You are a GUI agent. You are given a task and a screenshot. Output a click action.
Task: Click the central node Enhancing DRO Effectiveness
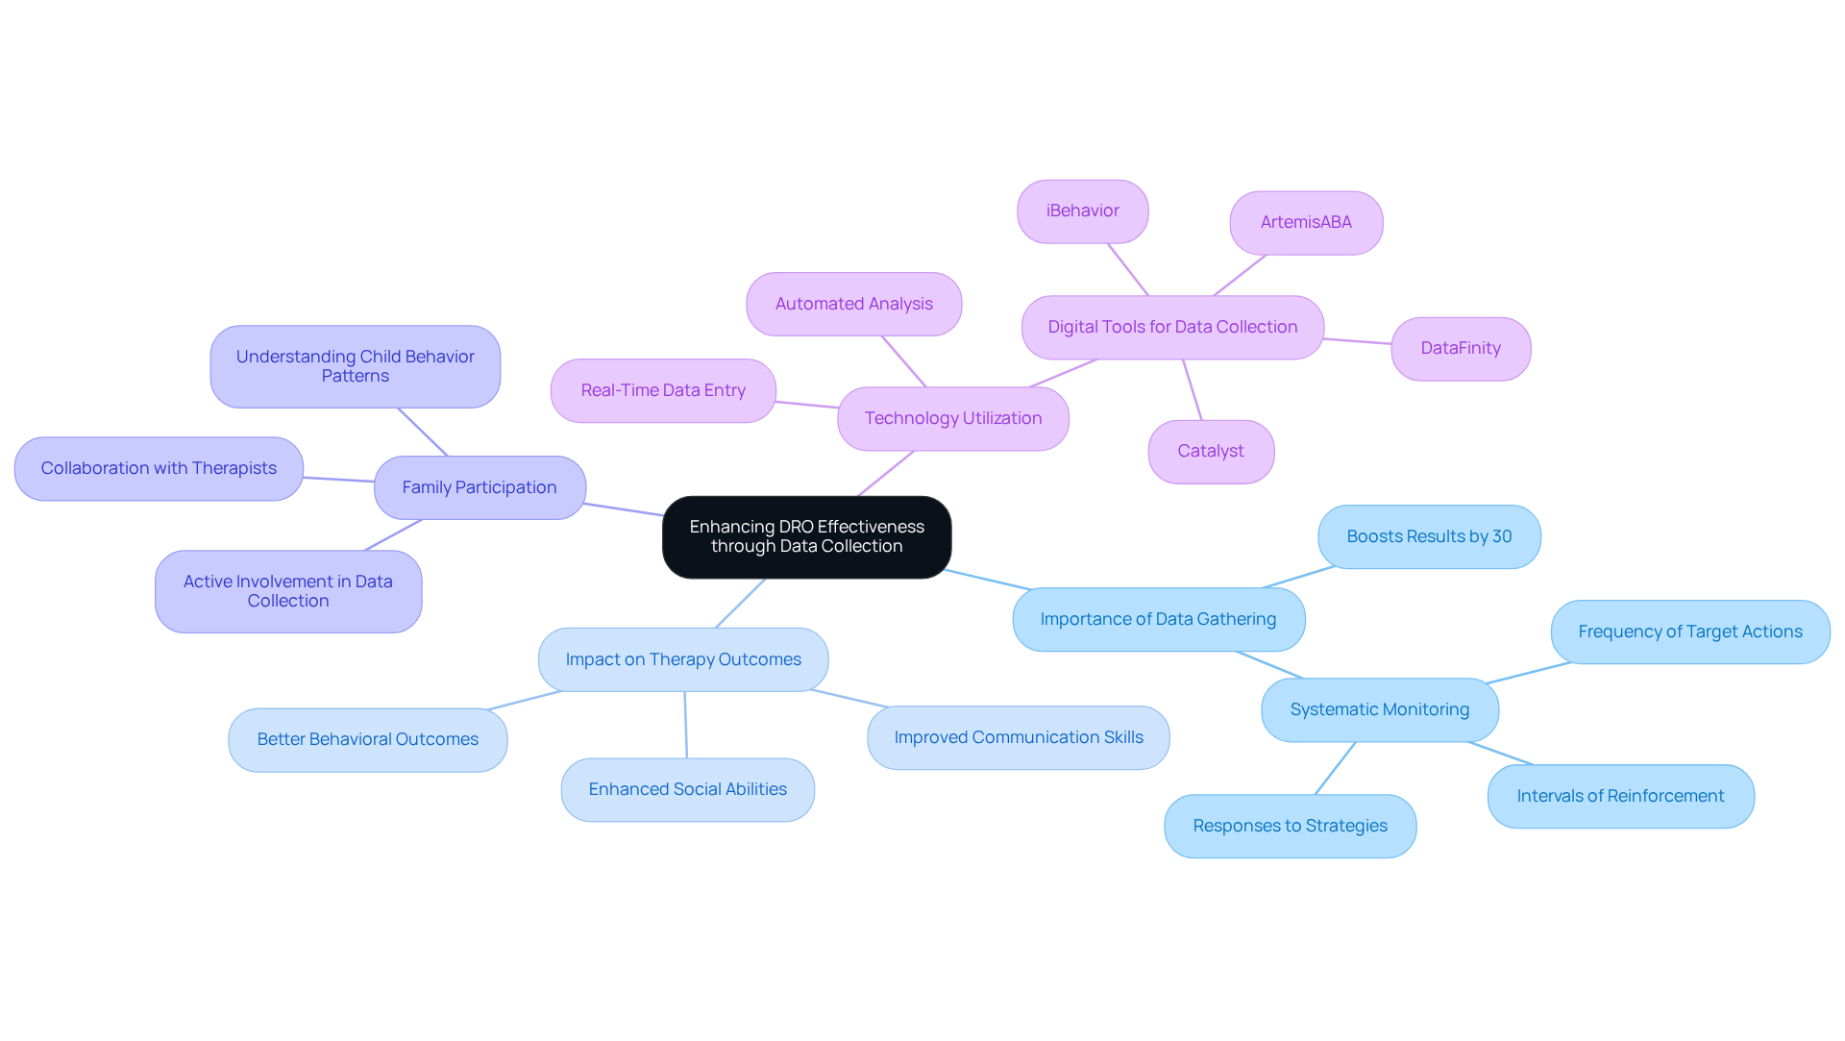coord(806,536)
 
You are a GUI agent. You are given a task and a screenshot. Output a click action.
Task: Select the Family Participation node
coord(480,487)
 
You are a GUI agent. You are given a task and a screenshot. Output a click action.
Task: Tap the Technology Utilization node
coord(952,418)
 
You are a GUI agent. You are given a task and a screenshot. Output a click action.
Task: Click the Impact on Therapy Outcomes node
coord(683,659)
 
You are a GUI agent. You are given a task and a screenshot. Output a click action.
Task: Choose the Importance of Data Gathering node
coord(1158,619)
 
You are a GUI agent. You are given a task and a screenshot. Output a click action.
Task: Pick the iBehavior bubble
coord(1082,211)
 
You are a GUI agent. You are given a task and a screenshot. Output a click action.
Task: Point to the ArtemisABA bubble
coord(1306,222)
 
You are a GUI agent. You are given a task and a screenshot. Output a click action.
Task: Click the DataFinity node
coord(1461,348)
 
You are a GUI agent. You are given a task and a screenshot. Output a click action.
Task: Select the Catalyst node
coord(1211,451)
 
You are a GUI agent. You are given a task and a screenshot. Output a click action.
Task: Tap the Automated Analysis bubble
coord(853,304)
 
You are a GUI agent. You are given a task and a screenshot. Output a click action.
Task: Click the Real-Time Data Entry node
coord(663,390)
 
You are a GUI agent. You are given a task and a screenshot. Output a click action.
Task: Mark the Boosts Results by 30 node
coord(1429,536)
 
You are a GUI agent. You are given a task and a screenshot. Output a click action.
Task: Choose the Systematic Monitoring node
coord(1379,709)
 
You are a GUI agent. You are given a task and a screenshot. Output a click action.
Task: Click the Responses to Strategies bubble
coord(1290,826)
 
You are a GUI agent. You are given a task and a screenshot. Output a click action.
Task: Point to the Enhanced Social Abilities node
coord(687,789)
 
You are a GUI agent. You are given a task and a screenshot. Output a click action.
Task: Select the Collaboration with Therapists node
coord(159,468)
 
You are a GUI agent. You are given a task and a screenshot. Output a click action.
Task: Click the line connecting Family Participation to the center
coord(624,509)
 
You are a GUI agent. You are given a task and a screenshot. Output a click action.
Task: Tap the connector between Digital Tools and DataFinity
coord(1357,341)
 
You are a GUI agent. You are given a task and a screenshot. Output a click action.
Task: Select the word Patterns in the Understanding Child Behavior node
coord(356,377)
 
